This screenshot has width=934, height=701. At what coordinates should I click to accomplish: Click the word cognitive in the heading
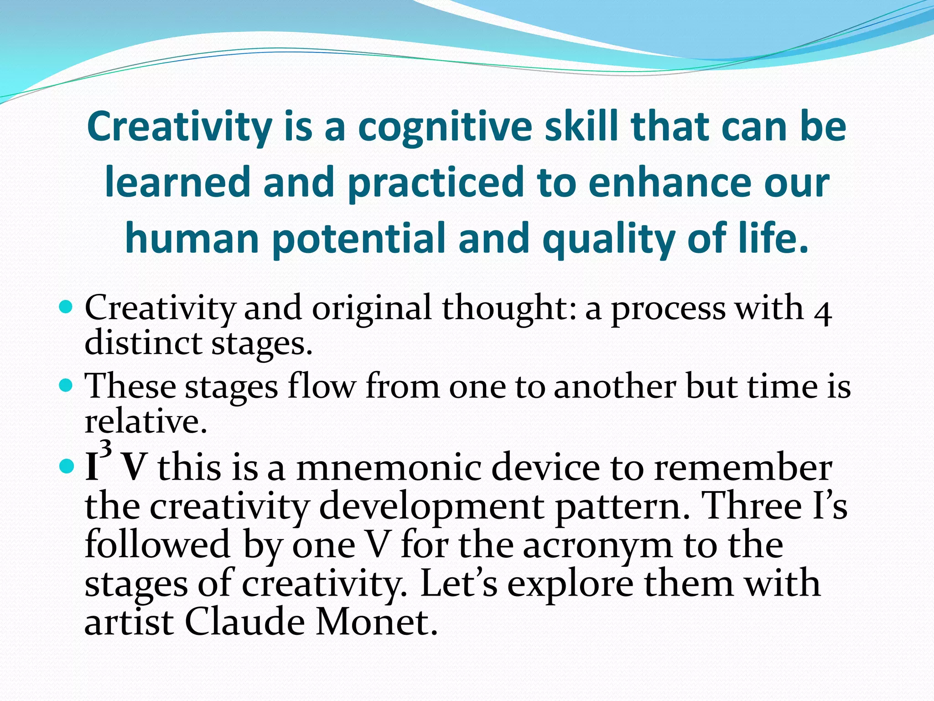tap(445, 128)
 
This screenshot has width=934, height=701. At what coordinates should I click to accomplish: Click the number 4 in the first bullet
tap(823, 314)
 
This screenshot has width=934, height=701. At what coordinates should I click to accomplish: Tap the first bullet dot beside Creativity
tap(67, 306)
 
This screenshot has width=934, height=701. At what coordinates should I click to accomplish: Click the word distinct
tap(143, 343)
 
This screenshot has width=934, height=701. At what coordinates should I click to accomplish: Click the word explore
tap(570, 585)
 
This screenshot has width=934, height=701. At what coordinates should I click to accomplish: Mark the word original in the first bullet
tap(371, 309)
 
